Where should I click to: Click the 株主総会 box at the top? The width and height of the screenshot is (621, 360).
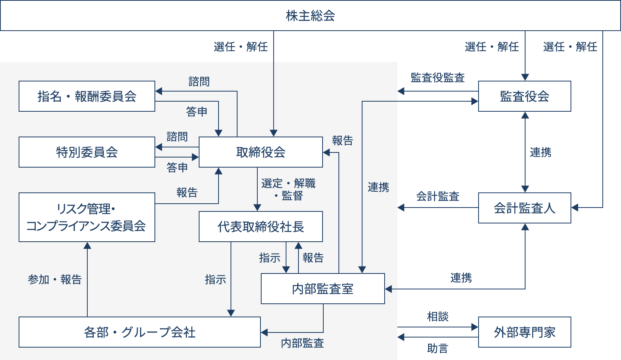click(x=310, y=16)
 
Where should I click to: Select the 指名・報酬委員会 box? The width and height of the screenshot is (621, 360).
click(x=87, y=96)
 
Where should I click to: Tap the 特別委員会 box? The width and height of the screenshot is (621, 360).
click(x=87, y=152)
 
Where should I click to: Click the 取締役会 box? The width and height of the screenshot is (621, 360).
click(x=261, y=152)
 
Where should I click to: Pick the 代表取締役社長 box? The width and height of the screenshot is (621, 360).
click(x=261, y=227)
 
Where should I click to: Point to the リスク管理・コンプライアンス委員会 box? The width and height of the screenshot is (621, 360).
click(x=87, y=217)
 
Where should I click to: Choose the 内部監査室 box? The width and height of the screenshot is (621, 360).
click(x=323, y=289)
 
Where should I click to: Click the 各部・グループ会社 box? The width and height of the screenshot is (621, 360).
click(x=140, y=332)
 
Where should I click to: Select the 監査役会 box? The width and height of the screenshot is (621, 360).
click(x=525, y=96)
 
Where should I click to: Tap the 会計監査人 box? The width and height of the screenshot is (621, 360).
click(x=525, y=208)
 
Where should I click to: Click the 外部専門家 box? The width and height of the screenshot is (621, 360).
click(x=525, y=332)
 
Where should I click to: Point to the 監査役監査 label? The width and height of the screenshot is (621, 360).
click(x=438, y=78)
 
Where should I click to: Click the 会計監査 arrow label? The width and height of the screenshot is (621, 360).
click(x=438, y=196)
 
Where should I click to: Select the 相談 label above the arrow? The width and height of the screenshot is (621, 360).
click(x=438, y=317)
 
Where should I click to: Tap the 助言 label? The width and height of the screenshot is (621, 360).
click(x=438, y=348)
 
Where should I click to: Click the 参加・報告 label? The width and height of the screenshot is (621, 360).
click(x=55, y=279)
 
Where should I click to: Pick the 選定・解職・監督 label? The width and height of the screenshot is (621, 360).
click(x=288, y=189)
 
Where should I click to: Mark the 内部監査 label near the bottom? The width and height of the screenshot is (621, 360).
click(x=302, y=343)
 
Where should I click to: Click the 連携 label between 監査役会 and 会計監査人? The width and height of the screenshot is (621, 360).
click(x=540, y=152)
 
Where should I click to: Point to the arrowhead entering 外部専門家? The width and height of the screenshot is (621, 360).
click(x=475, y=327)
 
